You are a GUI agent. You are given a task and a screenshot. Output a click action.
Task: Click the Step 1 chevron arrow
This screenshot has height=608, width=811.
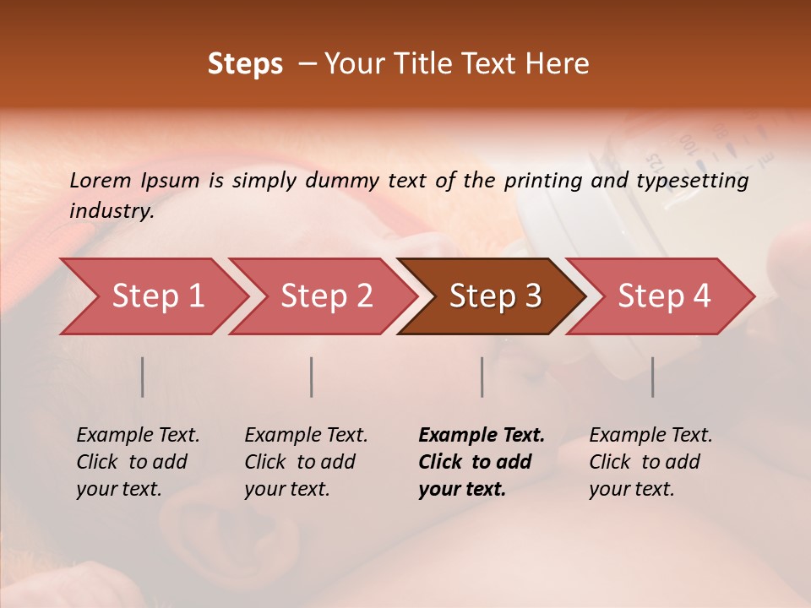156,296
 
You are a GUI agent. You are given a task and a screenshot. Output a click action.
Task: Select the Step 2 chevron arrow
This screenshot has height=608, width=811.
325,296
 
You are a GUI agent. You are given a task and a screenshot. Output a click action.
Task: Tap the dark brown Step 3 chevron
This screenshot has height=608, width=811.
494,296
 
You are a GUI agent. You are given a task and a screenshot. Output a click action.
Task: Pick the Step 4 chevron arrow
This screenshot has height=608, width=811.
663,296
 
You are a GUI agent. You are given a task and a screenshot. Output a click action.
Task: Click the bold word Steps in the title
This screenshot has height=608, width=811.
245,64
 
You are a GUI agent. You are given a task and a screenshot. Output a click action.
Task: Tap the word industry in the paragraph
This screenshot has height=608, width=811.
112,210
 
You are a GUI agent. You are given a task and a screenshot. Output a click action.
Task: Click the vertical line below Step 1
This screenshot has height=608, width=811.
143,377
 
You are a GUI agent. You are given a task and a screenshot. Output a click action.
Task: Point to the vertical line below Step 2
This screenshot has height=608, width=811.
312,377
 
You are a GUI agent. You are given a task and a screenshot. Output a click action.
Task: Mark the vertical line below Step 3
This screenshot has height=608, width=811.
482,377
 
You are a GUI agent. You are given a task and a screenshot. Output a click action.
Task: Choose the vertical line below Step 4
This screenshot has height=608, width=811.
652,377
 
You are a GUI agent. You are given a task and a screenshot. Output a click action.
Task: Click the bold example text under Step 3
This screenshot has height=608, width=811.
482,462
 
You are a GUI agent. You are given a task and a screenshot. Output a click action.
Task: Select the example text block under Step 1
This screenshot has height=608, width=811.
138,462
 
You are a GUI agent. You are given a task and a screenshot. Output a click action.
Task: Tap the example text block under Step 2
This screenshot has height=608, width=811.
306,462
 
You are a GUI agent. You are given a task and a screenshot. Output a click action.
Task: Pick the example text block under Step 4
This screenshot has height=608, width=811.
650,462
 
